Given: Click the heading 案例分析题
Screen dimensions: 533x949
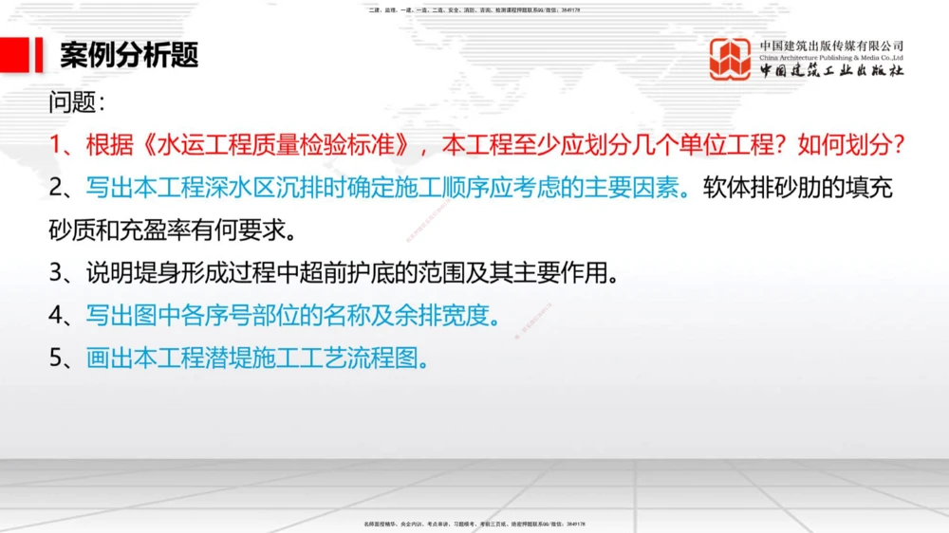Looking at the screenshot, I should (x=129, y=55).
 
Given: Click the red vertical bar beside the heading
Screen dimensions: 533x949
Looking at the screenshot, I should (x=39, y=55).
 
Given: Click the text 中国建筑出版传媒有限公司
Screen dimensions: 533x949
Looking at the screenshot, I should (x=831, y=45).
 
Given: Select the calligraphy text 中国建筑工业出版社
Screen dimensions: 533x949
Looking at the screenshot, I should (x=831, y=71).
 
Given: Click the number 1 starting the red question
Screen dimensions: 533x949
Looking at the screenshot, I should (x=56, y=145).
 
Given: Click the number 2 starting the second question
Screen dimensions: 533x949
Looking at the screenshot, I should (x=57, y=188).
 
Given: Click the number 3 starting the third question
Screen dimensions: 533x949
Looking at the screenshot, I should (x=57, y=274).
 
